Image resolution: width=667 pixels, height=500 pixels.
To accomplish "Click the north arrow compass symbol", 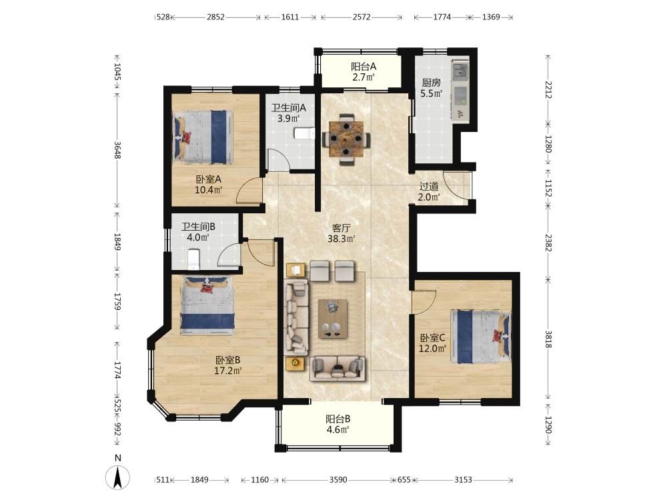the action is coord(117,477).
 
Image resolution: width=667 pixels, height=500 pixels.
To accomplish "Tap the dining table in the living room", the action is coord(346,139).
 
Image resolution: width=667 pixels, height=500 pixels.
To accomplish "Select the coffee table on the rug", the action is coord(333,319).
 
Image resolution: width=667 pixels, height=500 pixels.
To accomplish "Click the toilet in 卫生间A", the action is coord(305,133).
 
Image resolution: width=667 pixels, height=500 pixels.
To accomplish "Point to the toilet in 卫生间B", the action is coord(193,259).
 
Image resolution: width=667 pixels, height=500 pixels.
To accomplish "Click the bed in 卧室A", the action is coord(203,137).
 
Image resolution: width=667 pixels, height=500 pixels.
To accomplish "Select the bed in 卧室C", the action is coord(481,337).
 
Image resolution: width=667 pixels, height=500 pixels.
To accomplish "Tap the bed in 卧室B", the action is coord(207,306).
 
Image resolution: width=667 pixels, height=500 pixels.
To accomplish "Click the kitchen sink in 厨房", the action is coord(460,71).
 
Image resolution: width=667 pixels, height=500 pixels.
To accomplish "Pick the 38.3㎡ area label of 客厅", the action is coord(341,239).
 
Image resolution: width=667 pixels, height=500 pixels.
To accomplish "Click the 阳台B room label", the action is coord(338,419).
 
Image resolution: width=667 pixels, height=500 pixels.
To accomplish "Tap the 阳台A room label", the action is coord(364,67).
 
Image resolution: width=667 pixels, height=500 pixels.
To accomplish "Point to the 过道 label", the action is coord(429,186).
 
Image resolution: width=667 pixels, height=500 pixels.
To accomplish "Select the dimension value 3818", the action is coord(548,339).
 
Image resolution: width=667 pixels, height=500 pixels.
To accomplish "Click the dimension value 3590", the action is coord(338,480).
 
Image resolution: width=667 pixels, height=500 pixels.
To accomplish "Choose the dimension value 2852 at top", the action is coord(215,17).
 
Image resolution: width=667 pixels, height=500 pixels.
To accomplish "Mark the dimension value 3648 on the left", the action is coord(117,150).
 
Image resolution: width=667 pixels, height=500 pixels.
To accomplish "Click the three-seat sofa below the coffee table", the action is coord(338,368).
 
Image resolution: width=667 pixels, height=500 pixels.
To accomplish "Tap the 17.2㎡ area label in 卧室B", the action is coord(227,371).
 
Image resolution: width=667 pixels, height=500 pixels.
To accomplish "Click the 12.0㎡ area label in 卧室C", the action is coord(433,349).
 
